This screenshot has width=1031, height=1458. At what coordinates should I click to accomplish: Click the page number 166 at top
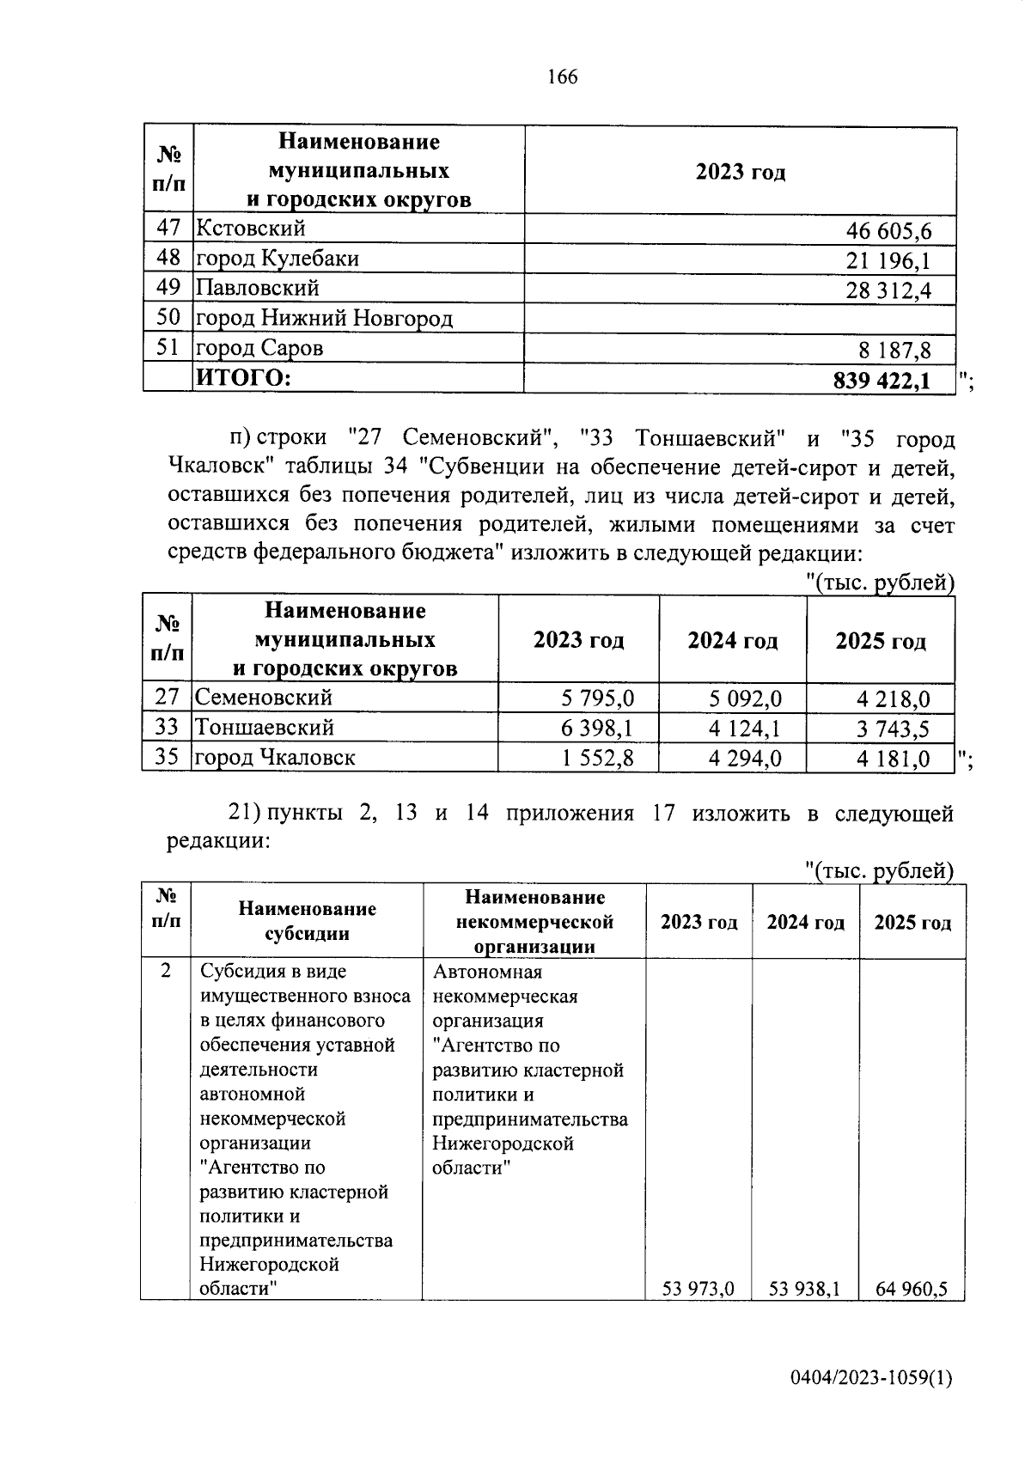[562, 77]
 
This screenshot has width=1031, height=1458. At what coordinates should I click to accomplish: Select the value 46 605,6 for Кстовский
[888, 230]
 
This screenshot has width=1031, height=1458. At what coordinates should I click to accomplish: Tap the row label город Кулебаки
[278, 259]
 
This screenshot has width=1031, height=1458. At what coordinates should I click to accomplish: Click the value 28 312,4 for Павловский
[888, 290]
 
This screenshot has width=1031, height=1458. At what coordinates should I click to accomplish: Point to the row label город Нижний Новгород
[324, 319]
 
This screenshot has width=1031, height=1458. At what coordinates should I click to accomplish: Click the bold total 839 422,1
[882, 380]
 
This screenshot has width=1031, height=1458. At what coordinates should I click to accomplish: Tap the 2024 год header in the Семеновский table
[732, 641]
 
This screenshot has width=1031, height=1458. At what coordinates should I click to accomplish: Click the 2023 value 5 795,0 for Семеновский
[597, 698]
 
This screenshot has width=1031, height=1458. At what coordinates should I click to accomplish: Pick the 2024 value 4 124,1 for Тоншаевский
[744, 729]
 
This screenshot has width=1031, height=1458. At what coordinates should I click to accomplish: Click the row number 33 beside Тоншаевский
[167, 728]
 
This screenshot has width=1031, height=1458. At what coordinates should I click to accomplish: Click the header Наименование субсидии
[307, 921]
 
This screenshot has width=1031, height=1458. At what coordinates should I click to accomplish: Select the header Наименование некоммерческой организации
[534, 921]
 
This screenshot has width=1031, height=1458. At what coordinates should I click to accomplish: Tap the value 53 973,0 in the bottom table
[698, 1288]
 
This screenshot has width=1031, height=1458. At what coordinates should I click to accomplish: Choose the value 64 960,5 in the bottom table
[912, 1288]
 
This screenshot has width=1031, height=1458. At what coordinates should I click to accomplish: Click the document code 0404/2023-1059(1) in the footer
[871, 1377]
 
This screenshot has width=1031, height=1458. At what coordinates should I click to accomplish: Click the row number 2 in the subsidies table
[165, 970]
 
